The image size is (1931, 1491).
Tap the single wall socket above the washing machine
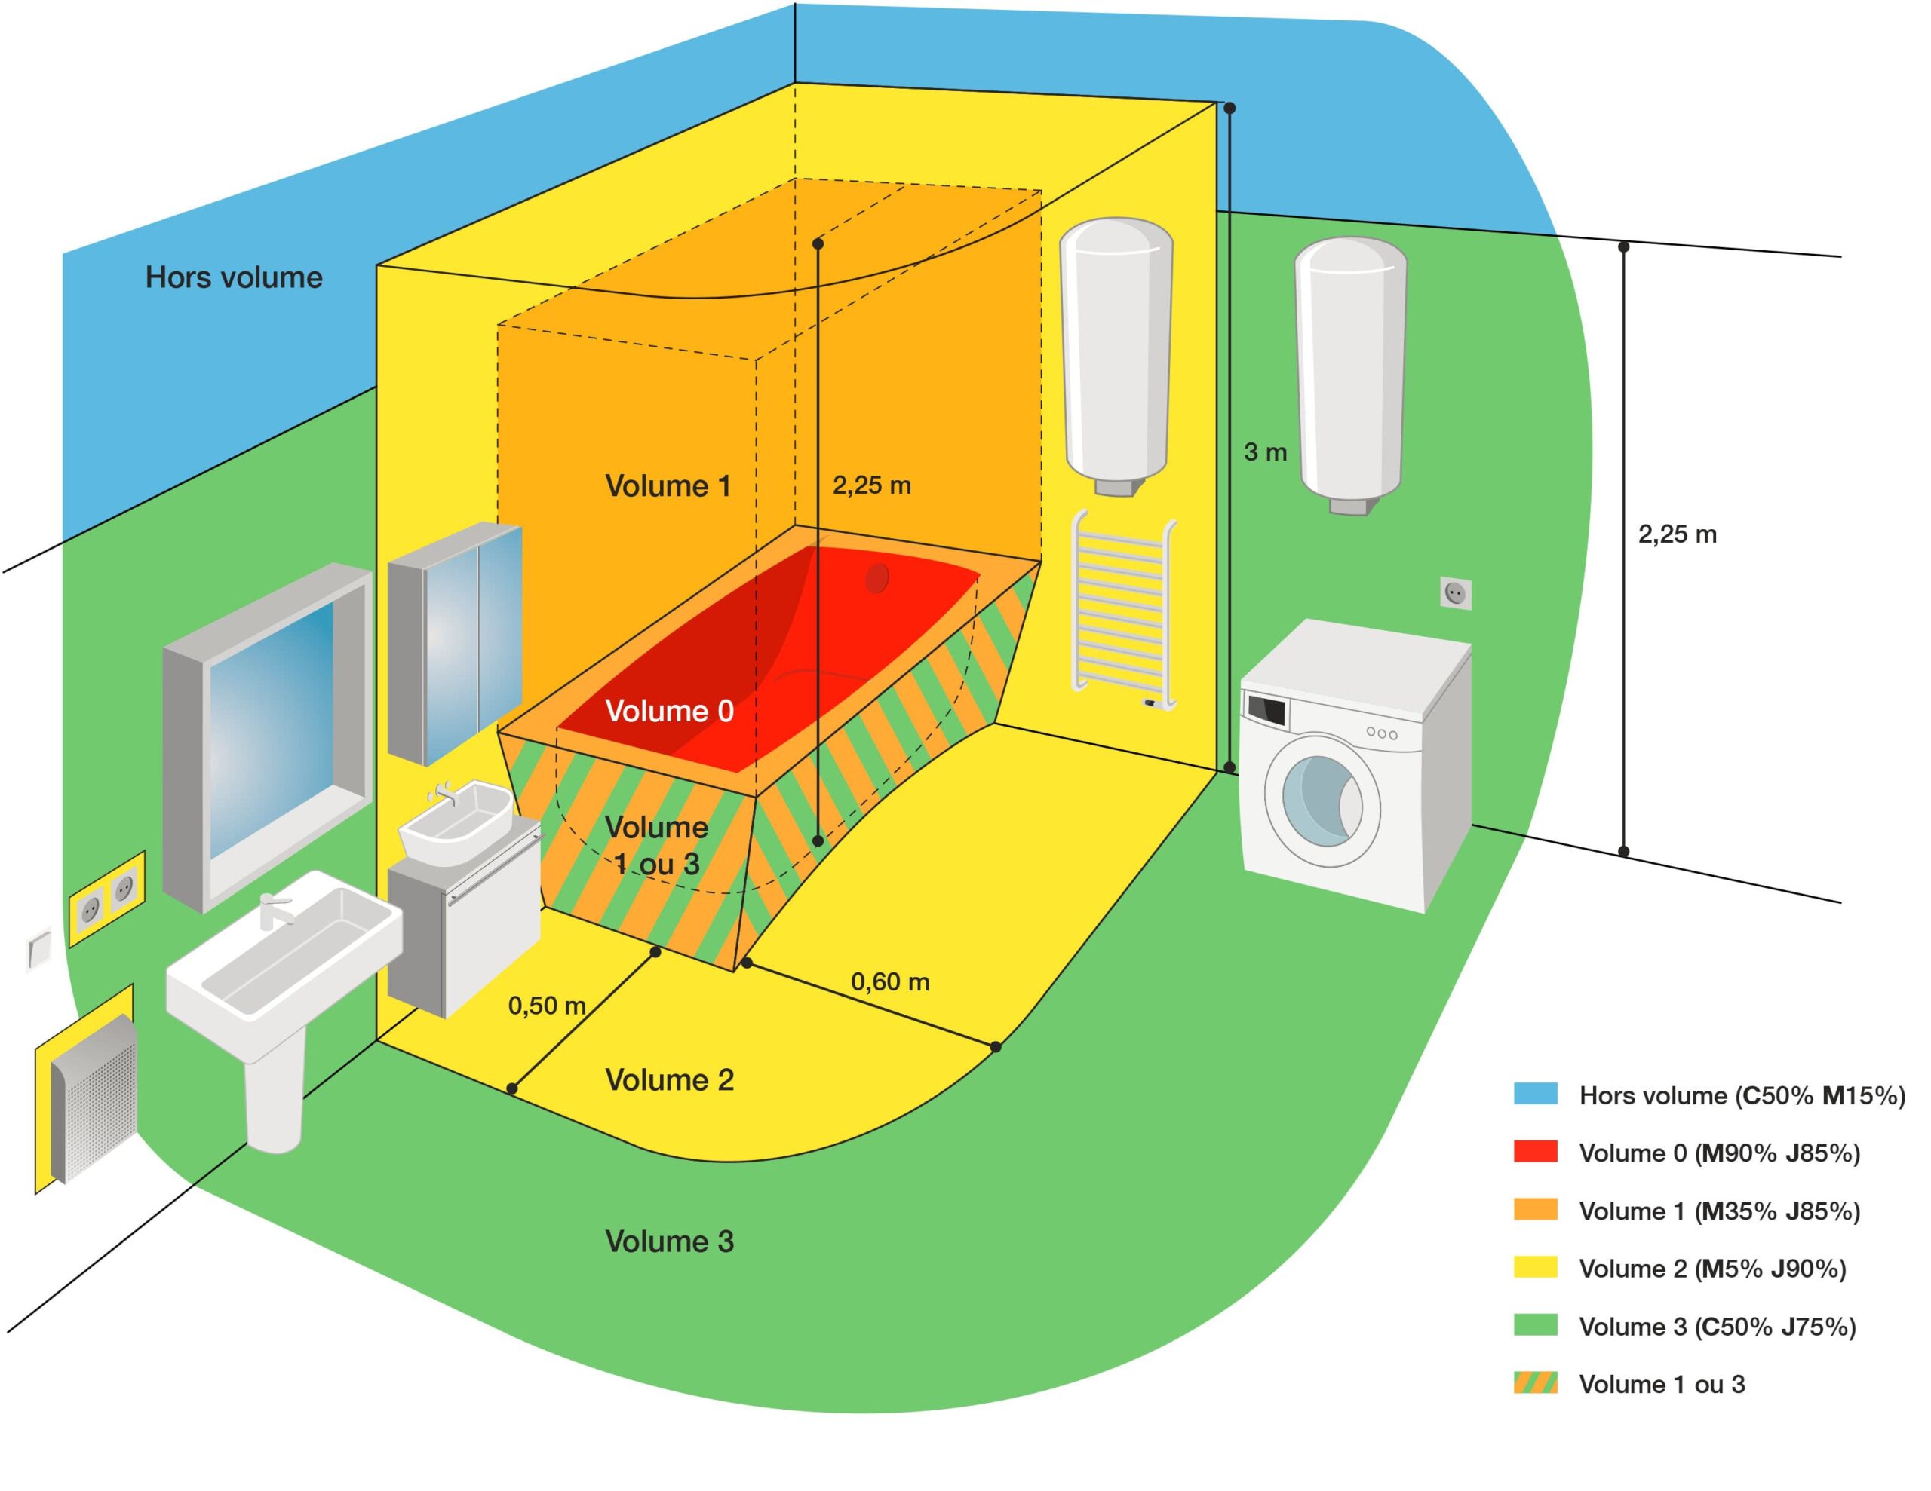(1455, 593)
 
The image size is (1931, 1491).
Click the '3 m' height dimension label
(1264, 452)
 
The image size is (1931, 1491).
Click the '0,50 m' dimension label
(546, 1005)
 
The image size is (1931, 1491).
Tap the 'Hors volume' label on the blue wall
(233, 277)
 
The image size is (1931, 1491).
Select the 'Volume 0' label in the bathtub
(669, 711)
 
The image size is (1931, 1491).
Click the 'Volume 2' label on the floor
(669, 1079)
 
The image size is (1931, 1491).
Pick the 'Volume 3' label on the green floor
(669, 1241)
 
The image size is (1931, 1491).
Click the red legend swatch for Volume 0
(1534, 1152)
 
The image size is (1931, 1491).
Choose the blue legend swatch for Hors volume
(1534, 1095)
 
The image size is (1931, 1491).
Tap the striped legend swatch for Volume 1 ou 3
(1534, 1382)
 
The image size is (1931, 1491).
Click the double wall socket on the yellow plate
(107, 897)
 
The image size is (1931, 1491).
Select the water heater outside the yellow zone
(1349, 371)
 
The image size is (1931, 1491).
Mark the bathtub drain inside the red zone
(876, 578)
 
